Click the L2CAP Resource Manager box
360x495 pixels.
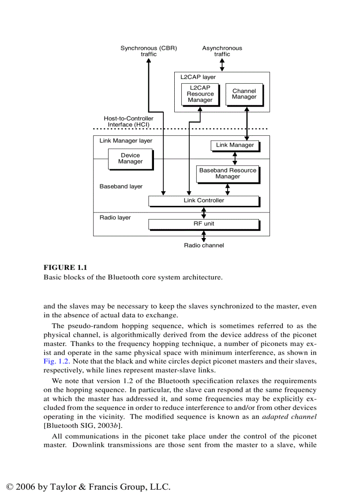coord(200,94)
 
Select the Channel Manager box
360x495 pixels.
coord(244,94)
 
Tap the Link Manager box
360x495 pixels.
coord(235,145)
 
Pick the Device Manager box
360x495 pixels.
coord(130,159)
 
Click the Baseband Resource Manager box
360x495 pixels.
coord(228,174)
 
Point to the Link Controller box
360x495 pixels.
coord(203,201)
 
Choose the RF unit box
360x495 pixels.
coord(203,224)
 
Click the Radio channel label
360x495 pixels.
coord(204,246)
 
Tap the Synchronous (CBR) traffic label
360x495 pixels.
coord(149,51)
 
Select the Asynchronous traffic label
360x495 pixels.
coord(222,51)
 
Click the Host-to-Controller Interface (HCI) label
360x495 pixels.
coord(128,122)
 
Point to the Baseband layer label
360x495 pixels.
coord(121,186)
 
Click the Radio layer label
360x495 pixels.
coord(115,218)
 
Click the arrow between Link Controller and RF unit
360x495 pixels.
coord(203,212)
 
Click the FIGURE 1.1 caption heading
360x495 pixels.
coord(65,268)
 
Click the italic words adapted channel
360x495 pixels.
coord(289,417)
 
